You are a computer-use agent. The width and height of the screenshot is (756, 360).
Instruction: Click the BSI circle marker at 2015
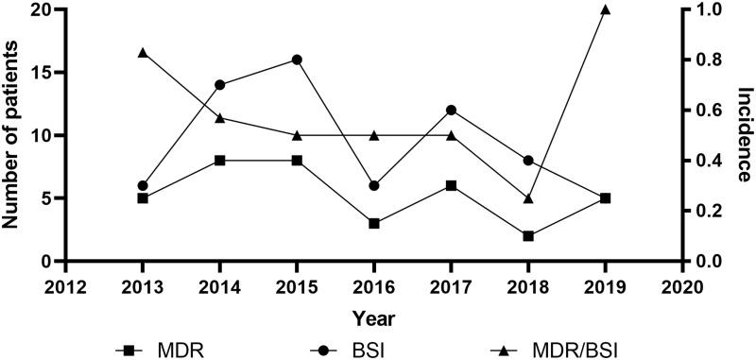tap(297, 60)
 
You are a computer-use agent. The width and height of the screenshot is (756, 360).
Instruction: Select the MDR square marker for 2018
tap(528, 236)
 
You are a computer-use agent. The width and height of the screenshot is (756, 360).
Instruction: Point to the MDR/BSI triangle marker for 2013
tap(143, 52)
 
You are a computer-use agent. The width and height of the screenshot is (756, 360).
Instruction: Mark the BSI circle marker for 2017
tap(452, 110)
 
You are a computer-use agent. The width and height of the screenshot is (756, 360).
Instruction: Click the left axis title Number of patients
tap(13, 132)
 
